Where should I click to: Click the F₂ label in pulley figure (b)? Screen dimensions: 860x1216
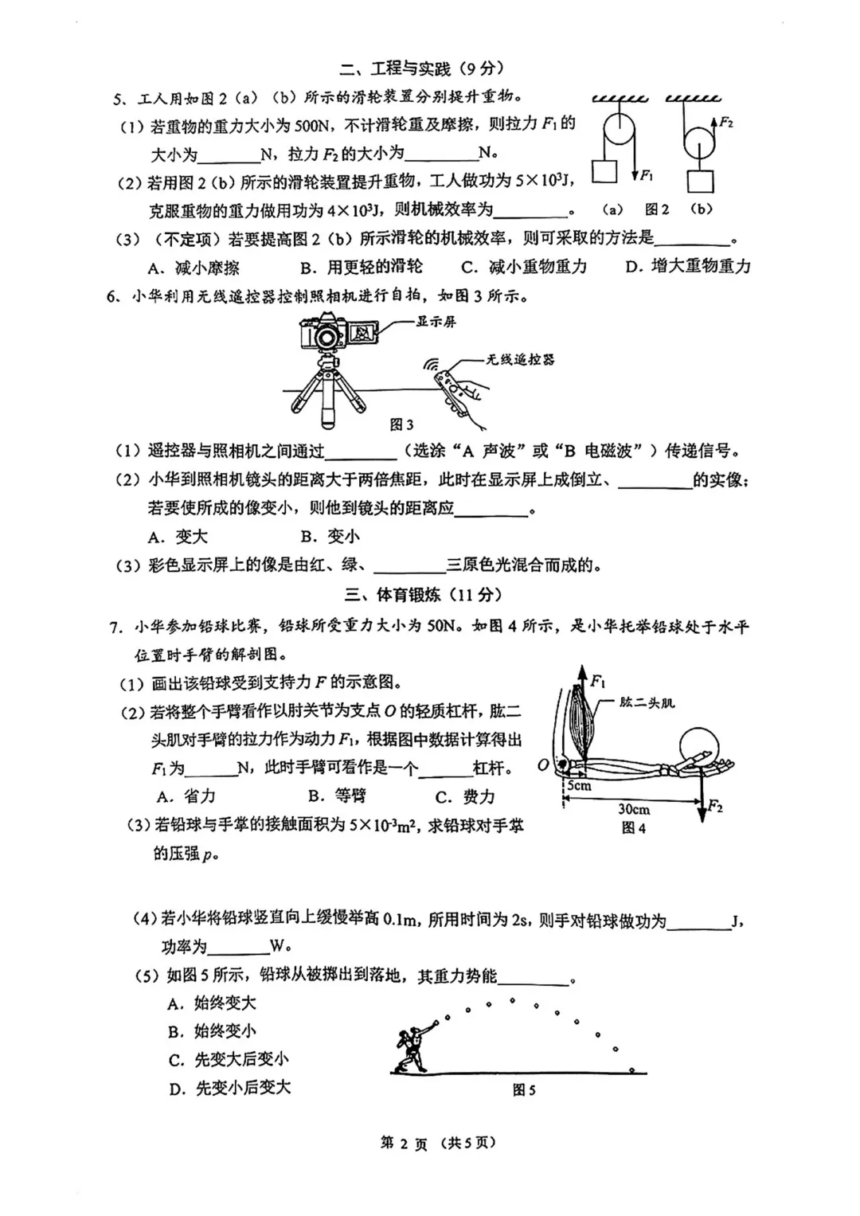[x=725, y=123]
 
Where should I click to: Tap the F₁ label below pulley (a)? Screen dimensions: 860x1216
[x=647, y=175]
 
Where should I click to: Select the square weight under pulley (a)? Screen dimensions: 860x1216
[x=605, y=172]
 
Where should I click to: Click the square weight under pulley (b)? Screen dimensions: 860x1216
[x=701, y=181]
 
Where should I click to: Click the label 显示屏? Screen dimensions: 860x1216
[x=436, y=322]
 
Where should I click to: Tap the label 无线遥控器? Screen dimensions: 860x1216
[x=520, y=359]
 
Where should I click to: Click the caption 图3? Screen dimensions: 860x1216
[x=402, y=424]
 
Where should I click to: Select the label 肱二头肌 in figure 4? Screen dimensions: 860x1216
[x=647, y=702]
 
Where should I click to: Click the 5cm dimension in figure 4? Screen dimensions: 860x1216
[x=579, y=785]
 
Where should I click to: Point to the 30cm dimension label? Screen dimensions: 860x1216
[x=634, y=809]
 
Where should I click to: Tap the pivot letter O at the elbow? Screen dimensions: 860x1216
[x=543, y=765]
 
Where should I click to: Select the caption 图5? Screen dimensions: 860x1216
[x=524, y=1090]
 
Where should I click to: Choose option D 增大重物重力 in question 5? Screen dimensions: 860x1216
[x=688, y=267]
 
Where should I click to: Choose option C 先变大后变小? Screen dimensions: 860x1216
[x=229, y=1059]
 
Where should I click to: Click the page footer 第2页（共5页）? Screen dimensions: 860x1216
[x=438, y=1143]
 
